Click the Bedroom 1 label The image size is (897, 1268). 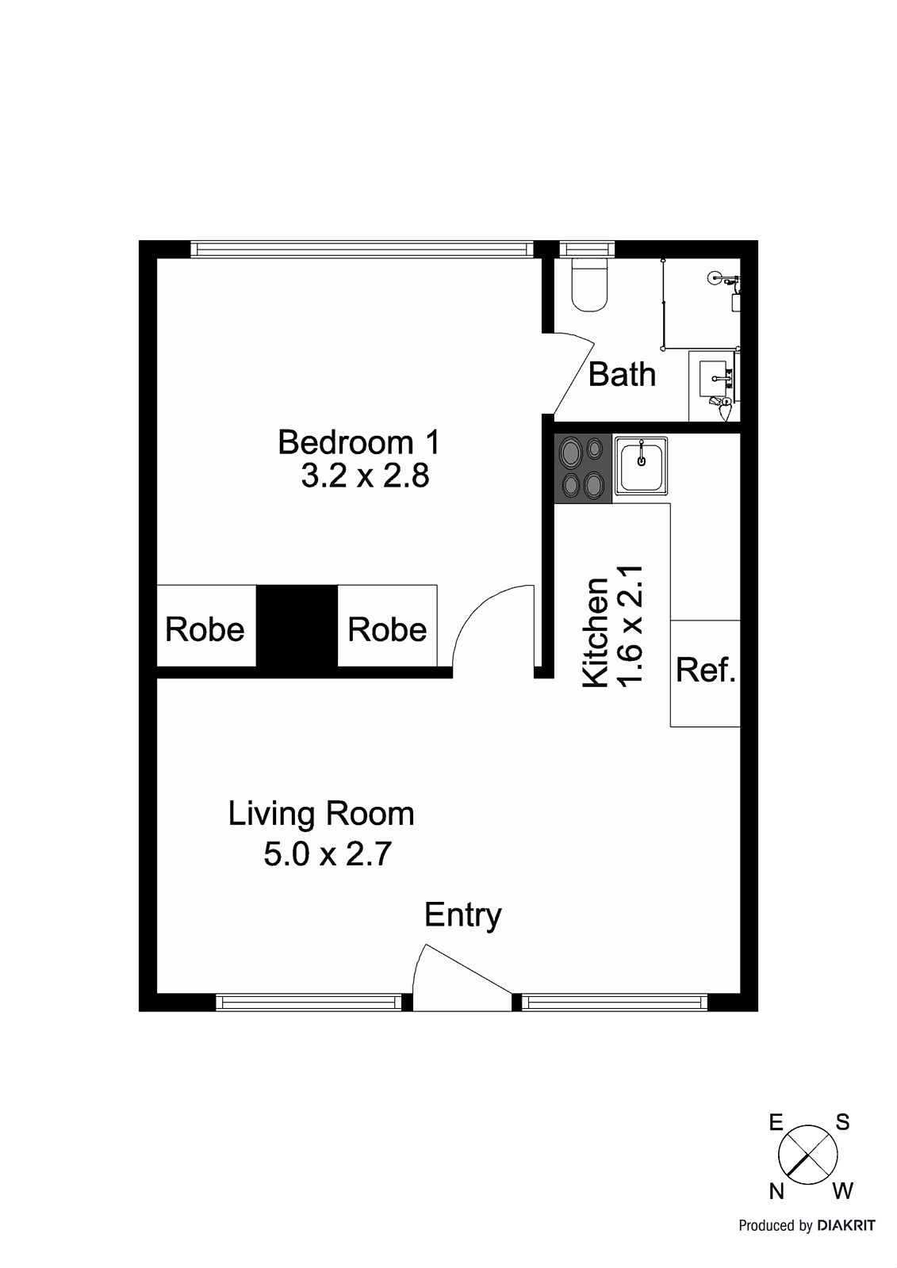point(358,442)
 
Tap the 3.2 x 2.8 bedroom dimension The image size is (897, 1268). point(365,476)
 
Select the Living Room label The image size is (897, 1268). point(321,814)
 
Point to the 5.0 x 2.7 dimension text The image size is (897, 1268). point(328,854)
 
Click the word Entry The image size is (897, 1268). point(462,915)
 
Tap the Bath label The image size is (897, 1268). point(622,374)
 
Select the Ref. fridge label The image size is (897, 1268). point(706,670)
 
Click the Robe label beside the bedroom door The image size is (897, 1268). point(387,629)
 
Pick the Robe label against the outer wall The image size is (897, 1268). point(205,629)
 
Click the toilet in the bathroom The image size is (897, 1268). point(589,285)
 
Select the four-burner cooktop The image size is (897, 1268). point(583,468)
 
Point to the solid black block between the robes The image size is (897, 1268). point(297,630)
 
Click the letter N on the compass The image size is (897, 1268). point(776,1191)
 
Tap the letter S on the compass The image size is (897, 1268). point(842,1122)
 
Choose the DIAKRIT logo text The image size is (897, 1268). point(846,1226)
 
